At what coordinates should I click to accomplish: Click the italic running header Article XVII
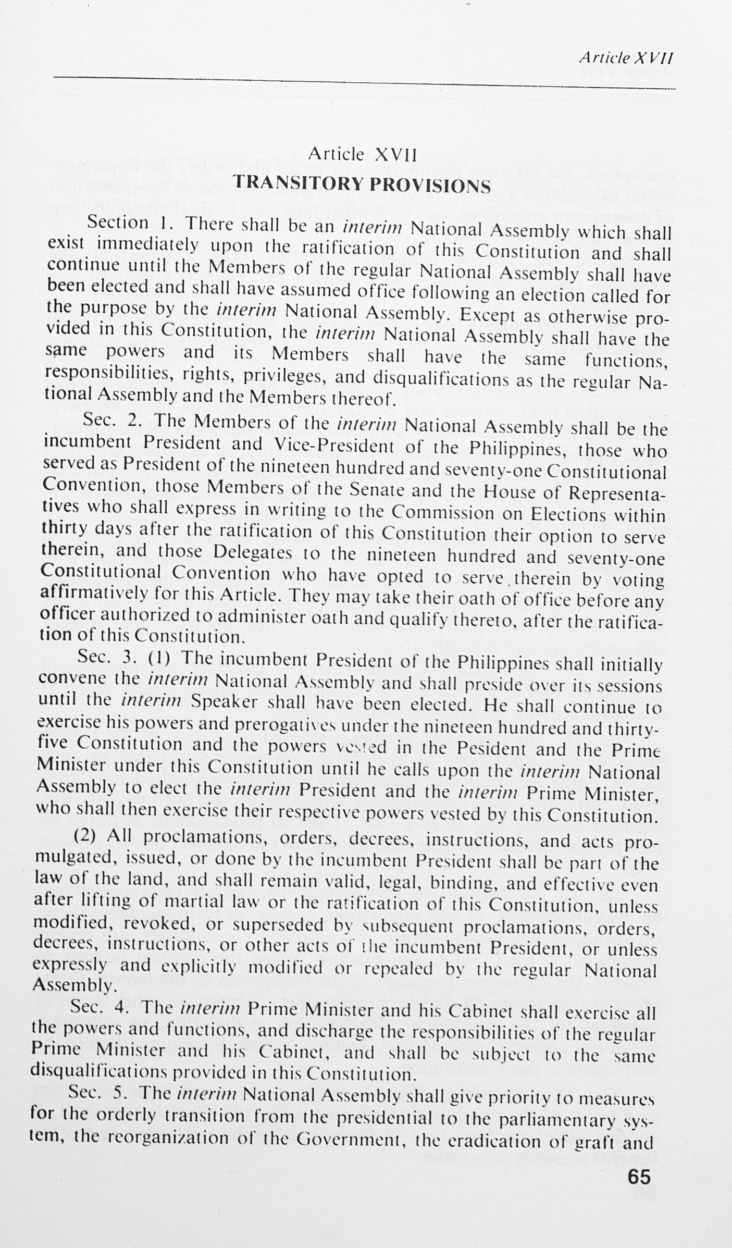point(626,58)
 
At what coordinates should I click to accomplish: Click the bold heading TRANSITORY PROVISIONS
point(362,184)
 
